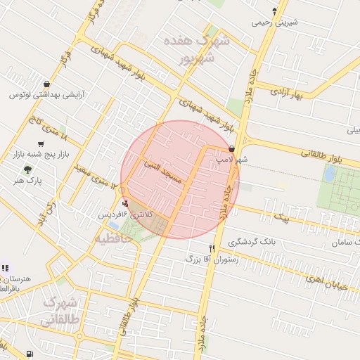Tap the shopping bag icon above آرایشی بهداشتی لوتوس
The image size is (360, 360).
click(x=46, y=84)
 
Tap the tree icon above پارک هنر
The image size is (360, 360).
click(x=28, y=169)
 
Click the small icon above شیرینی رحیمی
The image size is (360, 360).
click(x=275, y=11)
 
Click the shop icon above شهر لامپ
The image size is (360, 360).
click(x=232, y=149)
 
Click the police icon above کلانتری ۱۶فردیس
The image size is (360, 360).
click(x=126, y=202)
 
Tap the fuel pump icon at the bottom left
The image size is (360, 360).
click(x=29, y=354)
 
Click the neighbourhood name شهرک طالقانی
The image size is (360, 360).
click(x=59, y=311)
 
